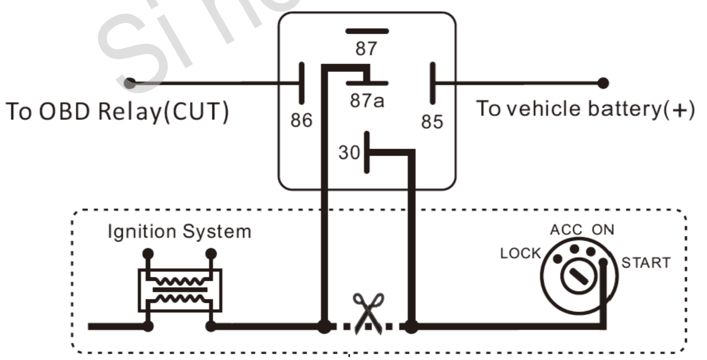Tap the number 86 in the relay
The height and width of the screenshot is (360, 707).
tap(301, 120)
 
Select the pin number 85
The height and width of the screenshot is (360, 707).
tap(432, 122)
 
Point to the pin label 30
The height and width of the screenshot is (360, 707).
tap(349, 153)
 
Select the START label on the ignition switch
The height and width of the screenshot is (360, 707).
tap(645, 263)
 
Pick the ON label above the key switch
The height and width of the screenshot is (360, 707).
tap(603, 230)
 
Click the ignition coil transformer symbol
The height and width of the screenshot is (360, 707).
tap(180, 290)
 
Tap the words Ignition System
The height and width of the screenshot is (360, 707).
tap(179, 231)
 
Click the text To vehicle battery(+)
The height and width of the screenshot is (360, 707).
tap(585, 109)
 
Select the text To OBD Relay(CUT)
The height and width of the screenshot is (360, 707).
tap(117, 112)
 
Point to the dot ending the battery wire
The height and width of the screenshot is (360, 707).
tap(603, 83)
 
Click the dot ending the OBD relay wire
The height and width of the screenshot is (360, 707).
tap(130, 83)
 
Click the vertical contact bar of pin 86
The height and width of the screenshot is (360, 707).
tap(301, 83)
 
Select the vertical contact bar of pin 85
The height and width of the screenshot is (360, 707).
tap(432, 83)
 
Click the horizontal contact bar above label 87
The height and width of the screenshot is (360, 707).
tap(367, 31)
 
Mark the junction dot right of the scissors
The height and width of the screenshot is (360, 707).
tap(411, 326)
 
